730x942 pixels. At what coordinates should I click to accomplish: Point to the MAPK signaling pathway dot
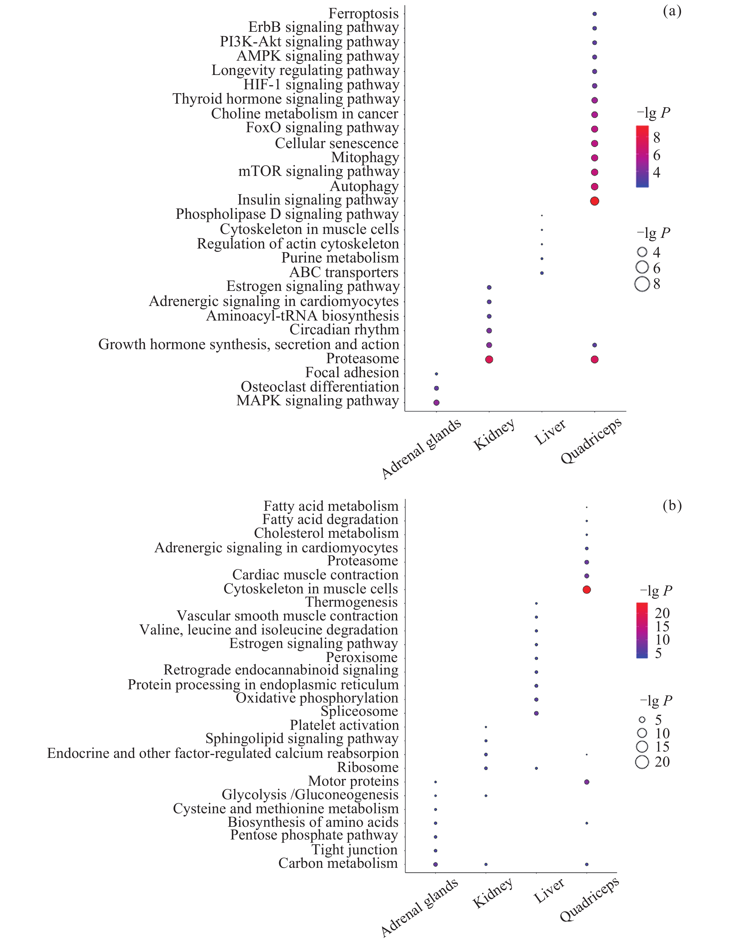[436, 402]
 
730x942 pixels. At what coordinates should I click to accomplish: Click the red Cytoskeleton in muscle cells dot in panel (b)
[586, 590]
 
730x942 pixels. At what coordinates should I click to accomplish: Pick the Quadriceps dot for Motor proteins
[586, 782]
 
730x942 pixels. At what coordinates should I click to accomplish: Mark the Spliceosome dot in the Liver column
[536, 713]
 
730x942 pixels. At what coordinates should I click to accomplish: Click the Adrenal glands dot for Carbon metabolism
[435, 864]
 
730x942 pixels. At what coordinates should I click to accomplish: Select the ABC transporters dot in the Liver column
[542, 273]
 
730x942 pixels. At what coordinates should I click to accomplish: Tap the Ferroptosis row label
[363, 13]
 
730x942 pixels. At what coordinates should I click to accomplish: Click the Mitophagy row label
[365, 157]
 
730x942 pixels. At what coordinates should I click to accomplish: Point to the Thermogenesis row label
[351, 602]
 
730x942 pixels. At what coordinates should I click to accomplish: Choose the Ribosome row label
[368, 768]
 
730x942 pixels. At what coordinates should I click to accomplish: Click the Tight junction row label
[354, 850]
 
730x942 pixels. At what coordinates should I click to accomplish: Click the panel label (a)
[672, 11]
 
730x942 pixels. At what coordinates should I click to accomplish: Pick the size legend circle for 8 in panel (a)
[642, 284]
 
